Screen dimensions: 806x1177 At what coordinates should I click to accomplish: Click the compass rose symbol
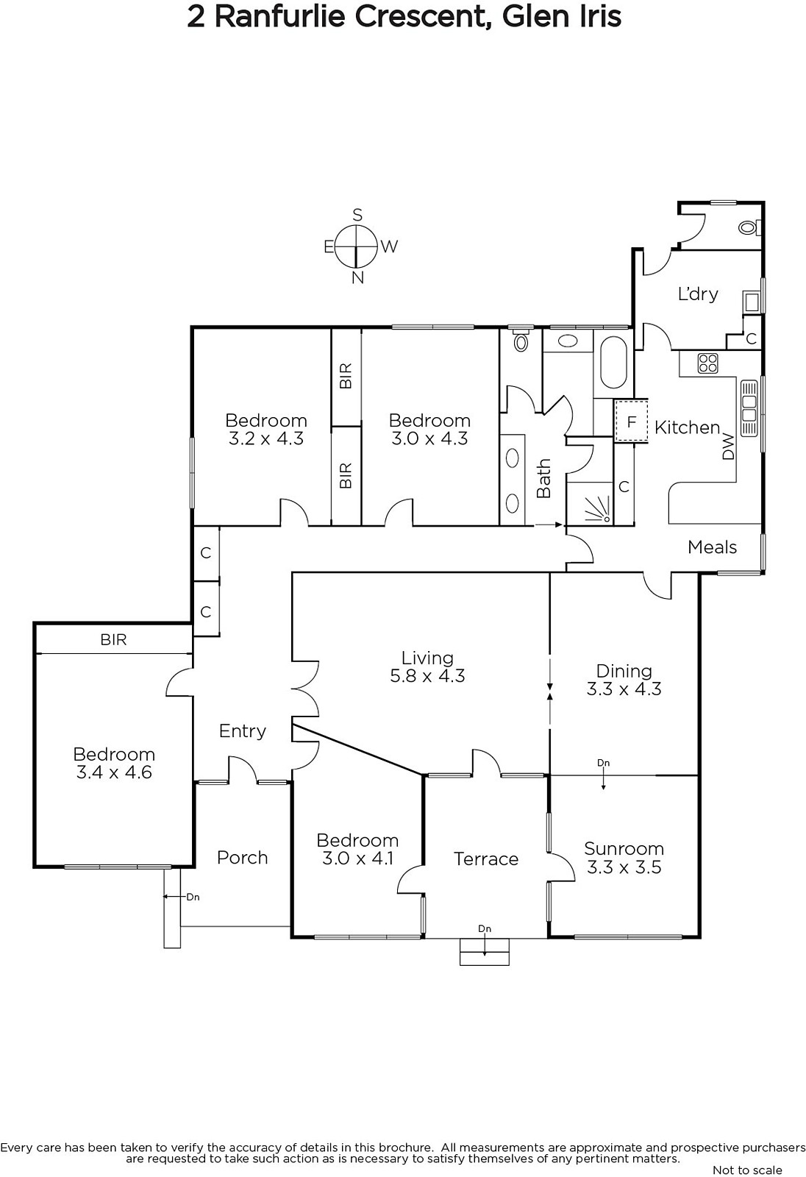click(x=357, y=246)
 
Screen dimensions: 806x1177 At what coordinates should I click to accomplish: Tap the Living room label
click(x=427, y=666)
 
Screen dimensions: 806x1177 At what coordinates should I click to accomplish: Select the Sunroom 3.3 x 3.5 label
click(x=624, y=858)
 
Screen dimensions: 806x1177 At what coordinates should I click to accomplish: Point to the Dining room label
click(x=624, y=680)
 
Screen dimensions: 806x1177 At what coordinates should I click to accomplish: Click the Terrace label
click(x=486, y=858)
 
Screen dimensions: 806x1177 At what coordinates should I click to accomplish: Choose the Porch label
click(x=242, y=858)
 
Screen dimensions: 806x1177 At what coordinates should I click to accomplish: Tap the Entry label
click(x=242, y=731)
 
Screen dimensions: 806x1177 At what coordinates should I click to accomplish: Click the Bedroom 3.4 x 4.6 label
click(x=114, y=763)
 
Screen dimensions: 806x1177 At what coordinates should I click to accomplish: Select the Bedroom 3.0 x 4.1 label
click(x=357, y=849)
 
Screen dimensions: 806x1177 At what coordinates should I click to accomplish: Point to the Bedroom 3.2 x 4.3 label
click(x=266, y=430)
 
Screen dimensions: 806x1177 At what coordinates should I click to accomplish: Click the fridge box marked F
click(x=632, y=422)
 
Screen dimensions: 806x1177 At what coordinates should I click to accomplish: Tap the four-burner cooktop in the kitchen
click(x=707, y=363)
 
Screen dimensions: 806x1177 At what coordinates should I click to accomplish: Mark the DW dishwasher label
click(x=728, y=447)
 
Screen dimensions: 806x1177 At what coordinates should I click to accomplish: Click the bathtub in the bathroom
click(x=613, y=362)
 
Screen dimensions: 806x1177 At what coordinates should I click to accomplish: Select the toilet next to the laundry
click(x=748, y=227)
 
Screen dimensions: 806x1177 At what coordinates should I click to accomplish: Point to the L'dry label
click(x=698, y=294)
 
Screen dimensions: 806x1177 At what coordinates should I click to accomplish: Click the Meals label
click(x=712, y=547)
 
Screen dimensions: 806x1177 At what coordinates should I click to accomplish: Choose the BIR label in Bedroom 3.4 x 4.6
click(x=113, y=639)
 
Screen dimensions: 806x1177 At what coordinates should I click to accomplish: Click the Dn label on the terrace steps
click(x=485, y=929)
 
